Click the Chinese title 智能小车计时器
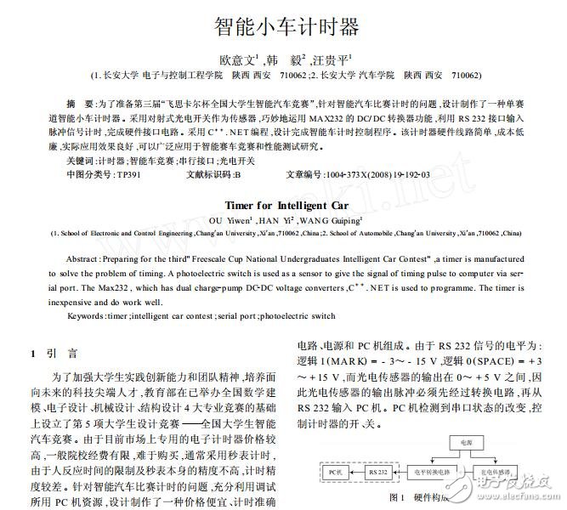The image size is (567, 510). pyautogui.click(x=283, y=25)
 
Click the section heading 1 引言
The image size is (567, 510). pyautogui.click(x=54, y=353)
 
